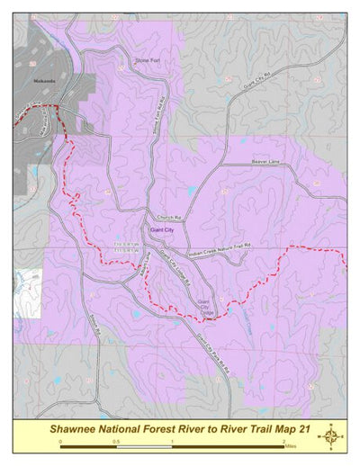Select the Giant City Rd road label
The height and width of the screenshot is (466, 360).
point(259,82)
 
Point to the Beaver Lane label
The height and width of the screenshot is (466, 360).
point(266,162)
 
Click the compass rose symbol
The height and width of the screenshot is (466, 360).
point(331,435)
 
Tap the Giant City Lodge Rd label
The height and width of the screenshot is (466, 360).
point(175,270)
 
